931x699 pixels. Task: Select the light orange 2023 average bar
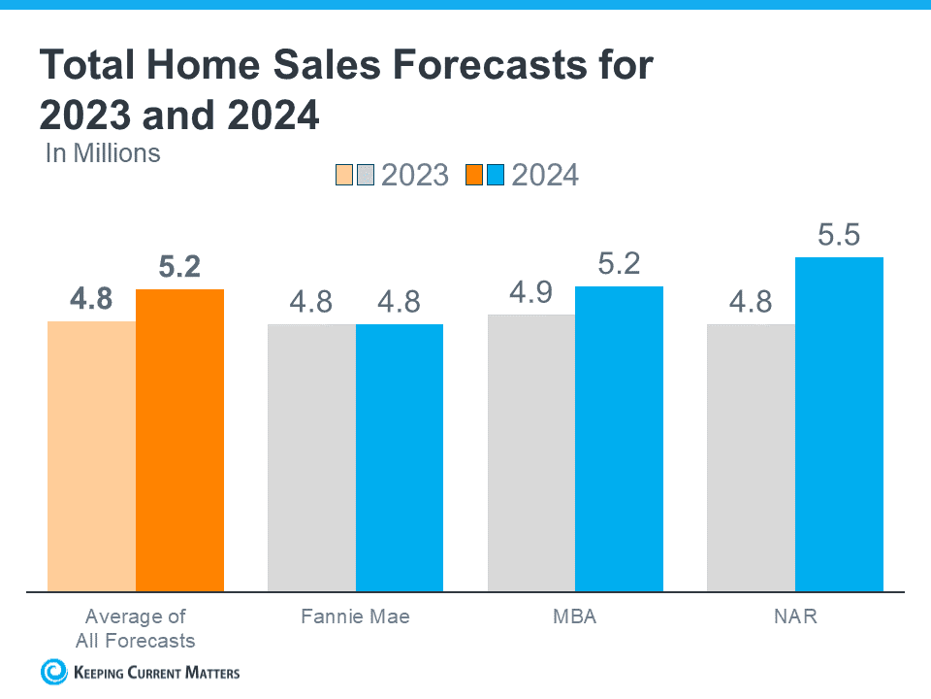pos(91,455)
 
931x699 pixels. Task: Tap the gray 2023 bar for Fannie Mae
pos(311,457)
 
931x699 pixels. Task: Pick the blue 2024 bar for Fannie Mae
pos(400,457)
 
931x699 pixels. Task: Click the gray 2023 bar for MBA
pos(531,452)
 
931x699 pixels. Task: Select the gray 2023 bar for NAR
pos(751,457)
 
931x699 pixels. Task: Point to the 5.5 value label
pos(839,236)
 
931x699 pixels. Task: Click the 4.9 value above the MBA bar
pos(531,293)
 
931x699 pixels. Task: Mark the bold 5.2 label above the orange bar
pos(179,267)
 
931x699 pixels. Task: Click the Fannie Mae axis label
pos(355,616)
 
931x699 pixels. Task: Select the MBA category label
pos(575,616)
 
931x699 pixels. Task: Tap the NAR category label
pos(795,616)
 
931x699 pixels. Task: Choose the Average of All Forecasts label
pos(136,628)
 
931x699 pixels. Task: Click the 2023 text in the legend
pos(415,175)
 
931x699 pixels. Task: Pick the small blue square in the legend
pos(496,176)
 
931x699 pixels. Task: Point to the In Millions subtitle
pos(103,152)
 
